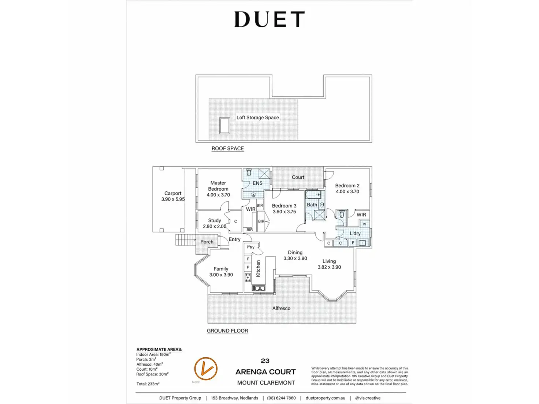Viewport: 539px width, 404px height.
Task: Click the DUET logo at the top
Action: point(269,19)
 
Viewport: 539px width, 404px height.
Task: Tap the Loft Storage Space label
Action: point(257,117)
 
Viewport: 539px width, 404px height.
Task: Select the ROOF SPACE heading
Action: point(227,149)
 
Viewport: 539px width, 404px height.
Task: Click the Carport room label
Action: point(173,193)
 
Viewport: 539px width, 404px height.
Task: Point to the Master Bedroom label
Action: point(218,186)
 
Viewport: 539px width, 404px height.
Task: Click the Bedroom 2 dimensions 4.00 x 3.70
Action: point(347,191)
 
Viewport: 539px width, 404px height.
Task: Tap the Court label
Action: point(298,177)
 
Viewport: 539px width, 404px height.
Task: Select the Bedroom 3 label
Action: point(284,206)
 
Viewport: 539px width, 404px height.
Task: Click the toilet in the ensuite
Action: point(249,172)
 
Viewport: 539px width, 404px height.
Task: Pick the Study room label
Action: point(215,220)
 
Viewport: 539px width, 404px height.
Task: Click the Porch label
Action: point(207,242)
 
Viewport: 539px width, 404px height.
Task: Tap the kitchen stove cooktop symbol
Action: point(248,277)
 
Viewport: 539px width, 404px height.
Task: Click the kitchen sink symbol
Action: point(259,288)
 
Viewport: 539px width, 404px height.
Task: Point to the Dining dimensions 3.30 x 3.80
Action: point(295,258)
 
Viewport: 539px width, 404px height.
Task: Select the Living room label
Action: point(329,261)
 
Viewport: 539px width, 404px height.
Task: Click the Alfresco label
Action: point(281,308)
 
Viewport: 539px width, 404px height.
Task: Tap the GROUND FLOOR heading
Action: point(227,331)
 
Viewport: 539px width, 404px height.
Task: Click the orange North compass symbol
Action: point(206,369)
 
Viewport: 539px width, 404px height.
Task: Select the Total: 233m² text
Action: point(148,384)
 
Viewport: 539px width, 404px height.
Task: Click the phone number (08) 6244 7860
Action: point(281,398)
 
